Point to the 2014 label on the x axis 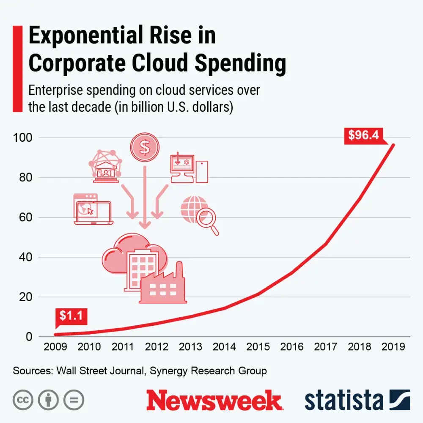[x=224, y=346]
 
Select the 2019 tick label [x=393, y=346]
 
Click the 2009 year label [x=55, y=346]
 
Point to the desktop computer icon [x=188, y=168]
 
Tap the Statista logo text [x=343, y=400]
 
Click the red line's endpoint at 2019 [x=393, y=145]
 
